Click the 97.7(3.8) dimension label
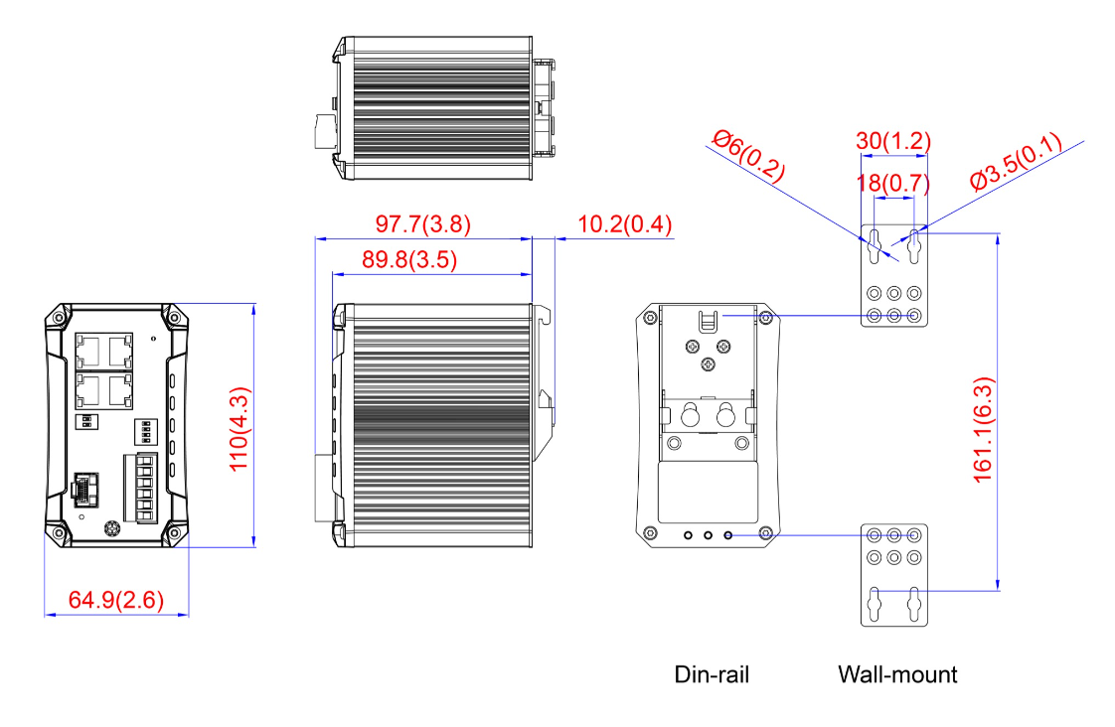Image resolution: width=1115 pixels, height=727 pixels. [x=423, y=223]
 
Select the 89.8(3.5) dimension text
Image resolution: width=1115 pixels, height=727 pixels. [x=409, y=259]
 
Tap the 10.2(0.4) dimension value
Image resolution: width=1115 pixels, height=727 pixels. [x=624, y=223]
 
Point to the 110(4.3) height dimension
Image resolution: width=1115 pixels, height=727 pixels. [x=239, y=428]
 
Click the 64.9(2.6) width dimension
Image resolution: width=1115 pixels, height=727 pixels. [x=116, y=600]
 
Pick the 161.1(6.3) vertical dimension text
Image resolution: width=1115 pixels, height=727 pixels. [x=983, y=430]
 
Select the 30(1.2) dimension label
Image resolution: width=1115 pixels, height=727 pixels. [x=893, y=141]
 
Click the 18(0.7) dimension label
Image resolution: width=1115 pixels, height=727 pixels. [x=893, y=184]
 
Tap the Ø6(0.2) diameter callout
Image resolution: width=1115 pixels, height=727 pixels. [x=748, y=156]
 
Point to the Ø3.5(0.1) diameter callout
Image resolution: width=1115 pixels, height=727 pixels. [x=1017, y=161]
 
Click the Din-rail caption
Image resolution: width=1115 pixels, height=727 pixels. [x=712, y=674]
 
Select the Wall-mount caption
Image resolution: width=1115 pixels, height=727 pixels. [x=897, y=674]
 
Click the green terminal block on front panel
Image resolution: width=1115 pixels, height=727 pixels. [x=140, y=489]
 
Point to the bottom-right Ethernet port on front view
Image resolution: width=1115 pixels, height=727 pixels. [x=120, y=391]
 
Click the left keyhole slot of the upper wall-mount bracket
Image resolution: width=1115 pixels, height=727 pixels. [x=875, y=246]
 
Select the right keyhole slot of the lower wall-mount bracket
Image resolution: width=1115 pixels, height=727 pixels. [x=914, y=605]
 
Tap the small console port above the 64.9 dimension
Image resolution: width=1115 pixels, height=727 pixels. [x=85, y=489]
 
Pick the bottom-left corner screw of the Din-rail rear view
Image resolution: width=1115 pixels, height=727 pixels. [x=649, y=533]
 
